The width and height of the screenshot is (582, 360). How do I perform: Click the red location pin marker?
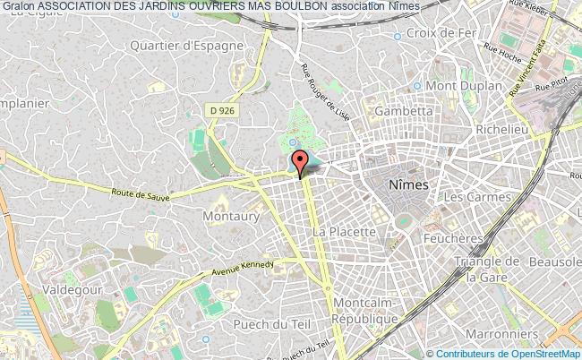300,163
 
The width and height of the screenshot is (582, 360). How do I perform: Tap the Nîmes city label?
408,184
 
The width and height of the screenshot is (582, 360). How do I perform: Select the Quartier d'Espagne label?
199,46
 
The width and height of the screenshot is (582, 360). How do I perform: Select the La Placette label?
344,231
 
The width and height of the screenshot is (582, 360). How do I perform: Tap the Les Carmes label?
477,196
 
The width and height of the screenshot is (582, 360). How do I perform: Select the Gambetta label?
403,109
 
